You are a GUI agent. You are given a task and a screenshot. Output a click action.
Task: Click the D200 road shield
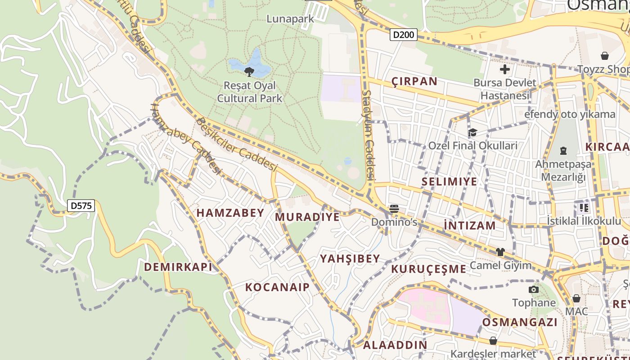(404, 35)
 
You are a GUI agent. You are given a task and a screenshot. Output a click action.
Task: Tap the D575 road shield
(81, 206)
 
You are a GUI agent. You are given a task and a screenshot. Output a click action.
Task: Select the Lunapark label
(290, 18)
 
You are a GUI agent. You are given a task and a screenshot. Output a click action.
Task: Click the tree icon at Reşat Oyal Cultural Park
(249, 72)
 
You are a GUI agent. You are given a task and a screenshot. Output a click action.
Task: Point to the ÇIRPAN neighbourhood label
(414, 81)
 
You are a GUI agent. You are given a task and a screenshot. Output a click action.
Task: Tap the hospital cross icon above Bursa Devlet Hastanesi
(505, 69)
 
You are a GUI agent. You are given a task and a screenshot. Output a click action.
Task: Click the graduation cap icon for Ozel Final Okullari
(472, 132)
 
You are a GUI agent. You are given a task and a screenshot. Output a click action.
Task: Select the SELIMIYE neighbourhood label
(449, 182)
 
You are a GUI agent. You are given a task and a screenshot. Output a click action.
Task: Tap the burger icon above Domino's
(394, 208)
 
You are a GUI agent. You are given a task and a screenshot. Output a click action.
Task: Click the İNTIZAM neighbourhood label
(469, 225)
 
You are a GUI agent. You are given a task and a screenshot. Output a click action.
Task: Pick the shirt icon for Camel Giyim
(500, 252)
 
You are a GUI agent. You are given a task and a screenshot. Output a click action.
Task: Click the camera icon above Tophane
(534, 289)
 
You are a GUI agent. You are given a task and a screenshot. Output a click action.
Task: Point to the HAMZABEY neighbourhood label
(230, 213)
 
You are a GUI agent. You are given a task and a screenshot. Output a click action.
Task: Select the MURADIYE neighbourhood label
(307, 217)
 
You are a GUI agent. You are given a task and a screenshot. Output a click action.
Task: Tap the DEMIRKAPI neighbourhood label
(178, 267)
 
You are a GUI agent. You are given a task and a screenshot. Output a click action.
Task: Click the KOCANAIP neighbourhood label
(277, 287)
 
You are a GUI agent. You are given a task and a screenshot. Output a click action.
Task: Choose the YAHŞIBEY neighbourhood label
(350, 259)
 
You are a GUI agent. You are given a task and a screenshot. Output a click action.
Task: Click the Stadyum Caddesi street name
(369, 135)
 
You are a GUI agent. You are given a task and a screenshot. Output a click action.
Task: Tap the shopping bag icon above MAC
(576, 298)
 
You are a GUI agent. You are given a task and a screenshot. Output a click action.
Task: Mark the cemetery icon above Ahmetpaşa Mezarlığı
(563, 151)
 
